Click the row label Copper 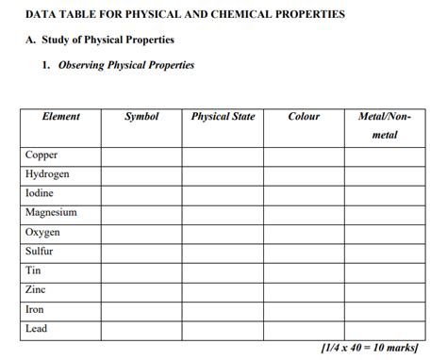pos(41,155)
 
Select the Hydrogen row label pos(47,174)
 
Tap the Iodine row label pos(40,193)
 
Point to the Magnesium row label pos(51,213)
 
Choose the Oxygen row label pos(42,232)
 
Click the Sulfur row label pos(40,252)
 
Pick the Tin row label pos(33,270)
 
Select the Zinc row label pos(36,290)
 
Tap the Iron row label pos(35,309)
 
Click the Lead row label pos(36,329)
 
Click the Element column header pos(61,117)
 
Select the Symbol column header pos(141,117)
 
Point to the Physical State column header pos(223,117)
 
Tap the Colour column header pos(304,117)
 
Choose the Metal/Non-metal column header pos(385,125)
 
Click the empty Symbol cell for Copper pos(141,155)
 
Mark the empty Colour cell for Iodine pos(304,193)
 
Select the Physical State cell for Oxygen pos(223,232)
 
